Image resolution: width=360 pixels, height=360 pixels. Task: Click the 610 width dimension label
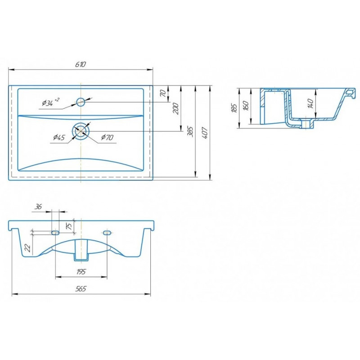81,64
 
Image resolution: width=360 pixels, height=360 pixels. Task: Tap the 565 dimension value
81,288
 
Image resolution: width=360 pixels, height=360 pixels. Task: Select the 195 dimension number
81,272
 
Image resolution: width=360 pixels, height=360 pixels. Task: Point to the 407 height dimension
205,132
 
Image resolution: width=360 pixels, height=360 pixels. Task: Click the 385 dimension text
190,131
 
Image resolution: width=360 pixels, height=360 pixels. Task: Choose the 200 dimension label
176,109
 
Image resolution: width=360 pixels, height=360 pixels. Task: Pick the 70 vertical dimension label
163,93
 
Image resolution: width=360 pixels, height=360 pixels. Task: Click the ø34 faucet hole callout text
50,102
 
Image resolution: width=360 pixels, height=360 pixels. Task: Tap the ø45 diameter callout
59,138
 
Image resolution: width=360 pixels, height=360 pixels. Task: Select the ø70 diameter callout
107,137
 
